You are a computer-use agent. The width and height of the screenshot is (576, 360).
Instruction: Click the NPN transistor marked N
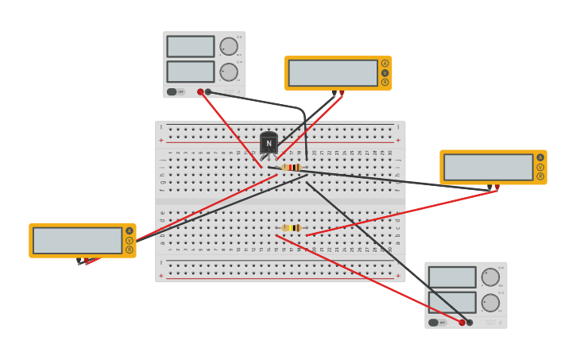[269, 143]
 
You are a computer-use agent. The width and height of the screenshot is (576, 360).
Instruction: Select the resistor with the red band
[292, 168]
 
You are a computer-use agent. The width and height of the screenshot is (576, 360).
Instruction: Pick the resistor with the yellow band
[292, 228]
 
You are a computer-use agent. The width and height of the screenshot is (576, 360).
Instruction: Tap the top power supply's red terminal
[200, 91]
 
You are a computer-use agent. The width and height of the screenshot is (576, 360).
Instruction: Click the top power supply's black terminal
[208, 91]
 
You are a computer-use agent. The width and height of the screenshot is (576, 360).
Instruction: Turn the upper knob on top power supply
[229, 47]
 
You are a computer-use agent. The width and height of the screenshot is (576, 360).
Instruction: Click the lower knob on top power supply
[229, 72]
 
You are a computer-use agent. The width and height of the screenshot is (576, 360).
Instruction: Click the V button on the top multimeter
[385, 73]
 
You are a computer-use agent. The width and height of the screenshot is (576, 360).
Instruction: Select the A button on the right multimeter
[540, 157]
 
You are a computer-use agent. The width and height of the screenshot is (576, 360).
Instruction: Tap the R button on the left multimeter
[130, 250]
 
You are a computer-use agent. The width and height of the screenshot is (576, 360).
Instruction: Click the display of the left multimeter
[77, 240]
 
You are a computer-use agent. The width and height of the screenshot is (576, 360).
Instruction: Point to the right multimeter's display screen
[488, 167]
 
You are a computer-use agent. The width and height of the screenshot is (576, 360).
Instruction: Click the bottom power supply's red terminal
[462, 322]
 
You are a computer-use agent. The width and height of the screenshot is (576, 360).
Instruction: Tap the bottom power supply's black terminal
[470, 322]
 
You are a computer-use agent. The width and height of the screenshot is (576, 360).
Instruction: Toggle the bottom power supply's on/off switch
[434, 322]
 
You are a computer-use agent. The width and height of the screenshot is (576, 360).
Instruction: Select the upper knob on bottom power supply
[490, 277]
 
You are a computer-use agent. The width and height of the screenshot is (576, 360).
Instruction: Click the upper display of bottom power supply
[452, 277]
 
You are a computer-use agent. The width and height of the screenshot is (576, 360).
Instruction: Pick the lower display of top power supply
[191, 72]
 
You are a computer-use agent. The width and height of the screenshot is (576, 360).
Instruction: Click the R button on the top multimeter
[385, 82]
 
